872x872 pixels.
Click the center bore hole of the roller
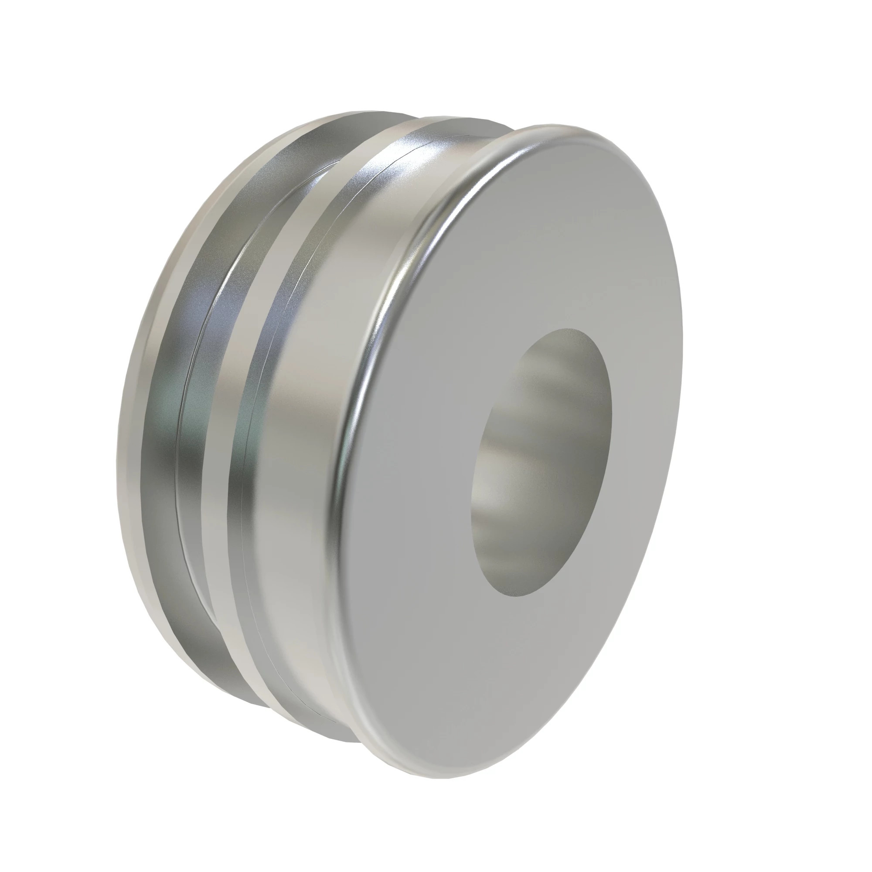(542, 463)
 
